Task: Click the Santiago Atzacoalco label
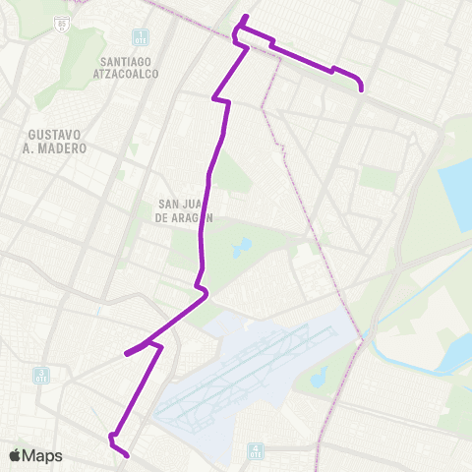[132, 66]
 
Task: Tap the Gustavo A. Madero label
[58, 141]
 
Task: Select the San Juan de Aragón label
[185, 211]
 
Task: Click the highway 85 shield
[63, 21]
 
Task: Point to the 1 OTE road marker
[142, 37]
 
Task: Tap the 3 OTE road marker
[41, 376]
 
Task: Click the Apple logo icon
[15, 456]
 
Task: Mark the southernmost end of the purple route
[128, 454]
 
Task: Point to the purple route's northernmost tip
[246, 17]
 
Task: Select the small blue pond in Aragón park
[242, 247]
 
